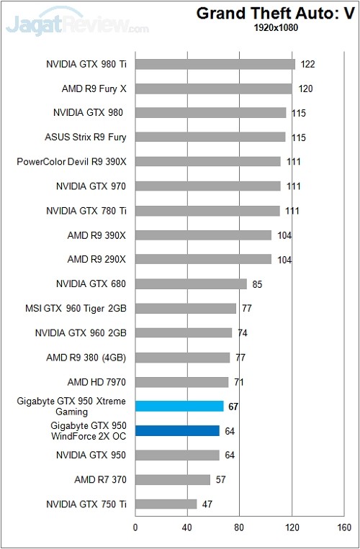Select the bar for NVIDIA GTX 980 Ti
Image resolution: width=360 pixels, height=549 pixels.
click(215, 64)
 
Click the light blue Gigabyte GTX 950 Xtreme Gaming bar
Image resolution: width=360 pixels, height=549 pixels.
click(179, 406)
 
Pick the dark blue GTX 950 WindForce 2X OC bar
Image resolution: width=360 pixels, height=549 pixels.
click(177, 431)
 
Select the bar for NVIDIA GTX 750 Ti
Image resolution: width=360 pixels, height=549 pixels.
click(166, 504)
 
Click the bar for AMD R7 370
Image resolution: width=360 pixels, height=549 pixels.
click(172, 479)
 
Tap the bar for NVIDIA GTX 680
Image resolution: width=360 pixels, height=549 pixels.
click(191, 284)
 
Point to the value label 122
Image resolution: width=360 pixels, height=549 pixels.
click(307, 65)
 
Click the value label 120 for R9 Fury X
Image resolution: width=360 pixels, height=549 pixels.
click(305, 89)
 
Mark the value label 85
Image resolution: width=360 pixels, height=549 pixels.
click(257, 284)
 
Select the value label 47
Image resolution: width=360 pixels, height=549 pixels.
click(207, 504)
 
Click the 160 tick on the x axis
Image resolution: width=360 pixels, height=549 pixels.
click(343, 527)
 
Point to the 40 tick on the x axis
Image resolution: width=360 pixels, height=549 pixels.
click(187, 527)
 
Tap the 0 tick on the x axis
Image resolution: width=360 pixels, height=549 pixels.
click(135, 527)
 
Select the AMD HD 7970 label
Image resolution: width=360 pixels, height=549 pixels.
click(93, 382)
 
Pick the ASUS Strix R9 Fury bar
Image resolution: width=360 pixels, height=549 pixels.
click(210, 137)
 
